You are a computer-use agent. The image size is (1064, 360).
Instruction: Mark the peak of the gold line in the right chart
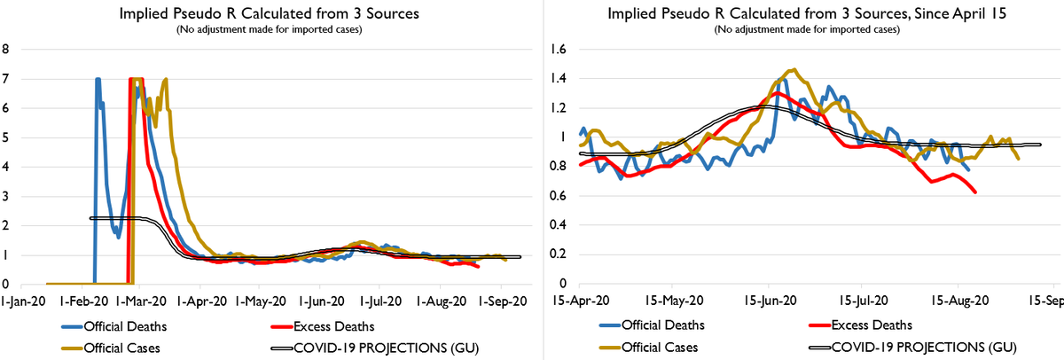pos(793,69)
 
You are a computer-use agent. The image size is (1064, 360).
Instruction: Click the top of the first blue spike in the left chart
pos(98,79)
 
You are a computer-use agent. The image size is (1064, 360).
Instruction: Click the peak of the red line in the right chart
pos(777,92)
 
